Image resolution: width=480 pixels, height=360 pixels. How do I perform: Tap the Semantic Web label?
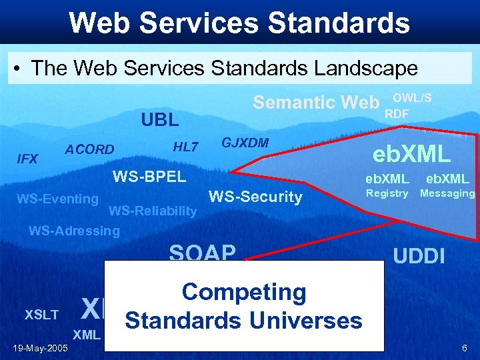coord(316,102)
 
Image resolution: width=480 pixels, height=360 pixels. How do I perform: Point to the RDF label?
coord(397,113)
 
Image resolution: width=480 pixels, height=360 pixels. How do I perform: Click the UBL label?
coord(159,120)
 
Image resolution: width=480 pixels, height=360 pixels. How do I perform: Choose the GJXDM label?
coord(245,143)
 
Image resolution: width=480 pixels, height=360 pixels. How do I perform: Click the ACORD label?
coord(89,149)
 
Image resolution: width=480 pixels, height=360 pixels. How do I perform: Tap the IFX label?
coord(27,159)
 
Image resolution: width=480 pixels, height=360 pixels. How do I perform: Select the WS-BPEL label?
coord(149,177)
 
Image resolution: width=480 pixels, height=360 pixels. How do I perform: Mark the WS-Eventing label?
coord(57,198)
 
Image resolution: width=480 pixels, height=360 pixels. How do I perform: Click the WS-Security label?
coord(255,197)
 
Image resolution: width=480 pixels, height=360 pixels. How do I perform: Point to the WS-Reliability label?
coord(153,211)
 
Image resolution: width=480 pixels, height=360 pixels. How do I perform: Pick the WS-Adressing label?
coord(74,231)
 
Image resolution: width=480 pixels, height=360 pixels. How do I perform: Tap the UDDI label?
coord(419,256)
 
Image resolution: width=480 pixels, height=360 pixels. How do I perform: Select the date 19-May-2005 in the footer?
coord(39,348)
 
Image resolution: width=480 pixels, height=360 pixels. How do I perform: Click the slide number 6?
coord(464,348)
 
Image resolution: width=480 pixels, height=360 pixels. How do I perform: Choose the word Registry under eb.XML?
coord(387,193)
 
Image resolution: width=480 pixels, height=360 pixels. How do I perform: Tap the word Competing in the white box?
coord(244,292)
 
